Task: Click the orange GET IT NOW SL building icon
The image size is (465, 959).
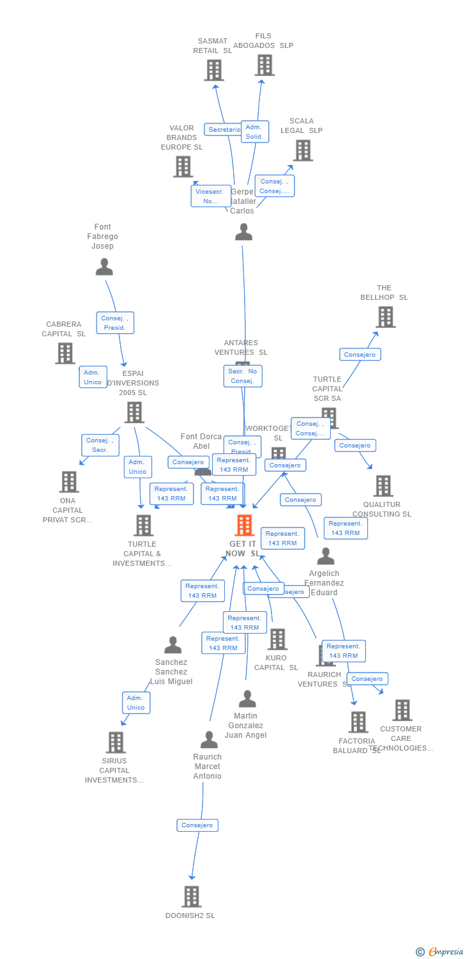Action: pos(245,525)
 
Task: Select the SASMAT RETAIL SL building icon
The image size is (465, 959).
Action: pos(214,70)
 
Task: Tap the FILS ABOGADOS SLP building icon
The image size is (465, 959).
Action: pos(264,65)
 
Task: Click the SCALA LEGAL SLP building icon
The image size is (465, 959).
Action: pos(303,150)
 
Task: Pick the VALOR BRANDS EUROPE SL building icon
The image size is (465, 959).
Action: pos(183,166)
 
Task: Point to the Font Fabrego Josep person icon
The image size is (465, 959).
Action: pos(104,267)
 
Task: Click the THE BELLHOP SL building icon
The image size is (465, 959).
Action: pos(385,316)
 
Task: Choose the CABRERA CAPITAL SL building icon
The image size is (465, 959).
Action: pos(65,353)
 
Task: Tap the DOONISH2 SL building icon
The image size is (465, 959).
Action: pos(192,896)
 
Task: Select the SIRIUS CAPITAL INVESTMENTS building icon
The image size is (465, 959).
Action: pos(116,742)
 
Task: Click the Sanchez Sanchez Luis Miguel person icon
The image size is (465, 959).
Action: pos(172,645)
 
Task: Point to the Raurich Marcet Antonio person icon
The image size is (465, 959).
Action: pos(209,740)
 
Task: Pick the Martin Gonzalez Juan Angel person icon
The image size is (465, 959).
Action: pos(247,699)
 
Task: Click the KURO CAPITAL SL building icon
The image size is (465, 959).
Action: pos(277,639)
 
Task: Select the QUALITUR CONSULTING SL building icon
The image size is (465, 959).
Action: pos(383,486)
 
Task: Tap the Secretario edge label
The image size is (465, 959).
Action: pos(224,130)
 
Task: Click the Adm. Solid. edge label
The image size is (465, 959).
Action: pos(254,132)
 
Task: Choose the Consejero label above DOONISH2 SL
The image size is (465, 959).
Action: pos(197,825)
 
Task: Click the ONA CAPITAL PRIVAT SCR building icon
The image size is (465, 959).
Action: pos(68,481)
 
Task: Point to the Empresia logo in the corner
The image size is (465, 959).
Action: pos(440,952)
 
